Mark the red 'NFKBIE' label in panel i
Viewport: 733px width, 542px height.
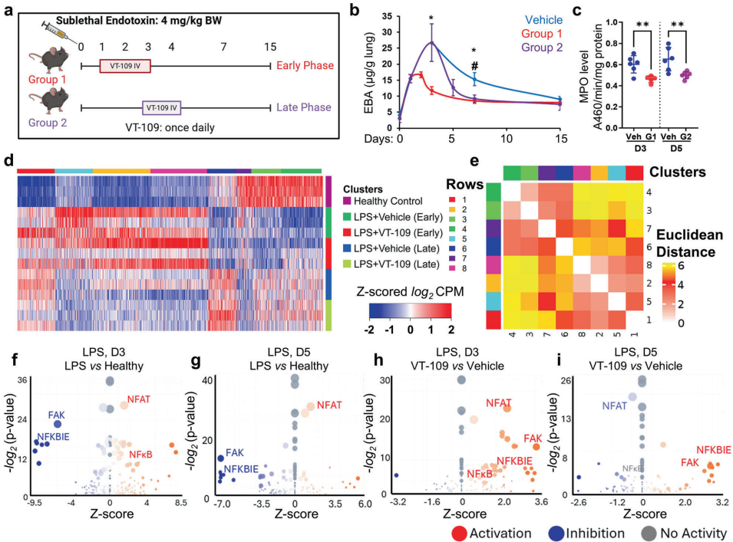713,450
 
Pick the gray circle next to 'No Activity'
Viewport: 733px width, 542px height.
652,533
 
